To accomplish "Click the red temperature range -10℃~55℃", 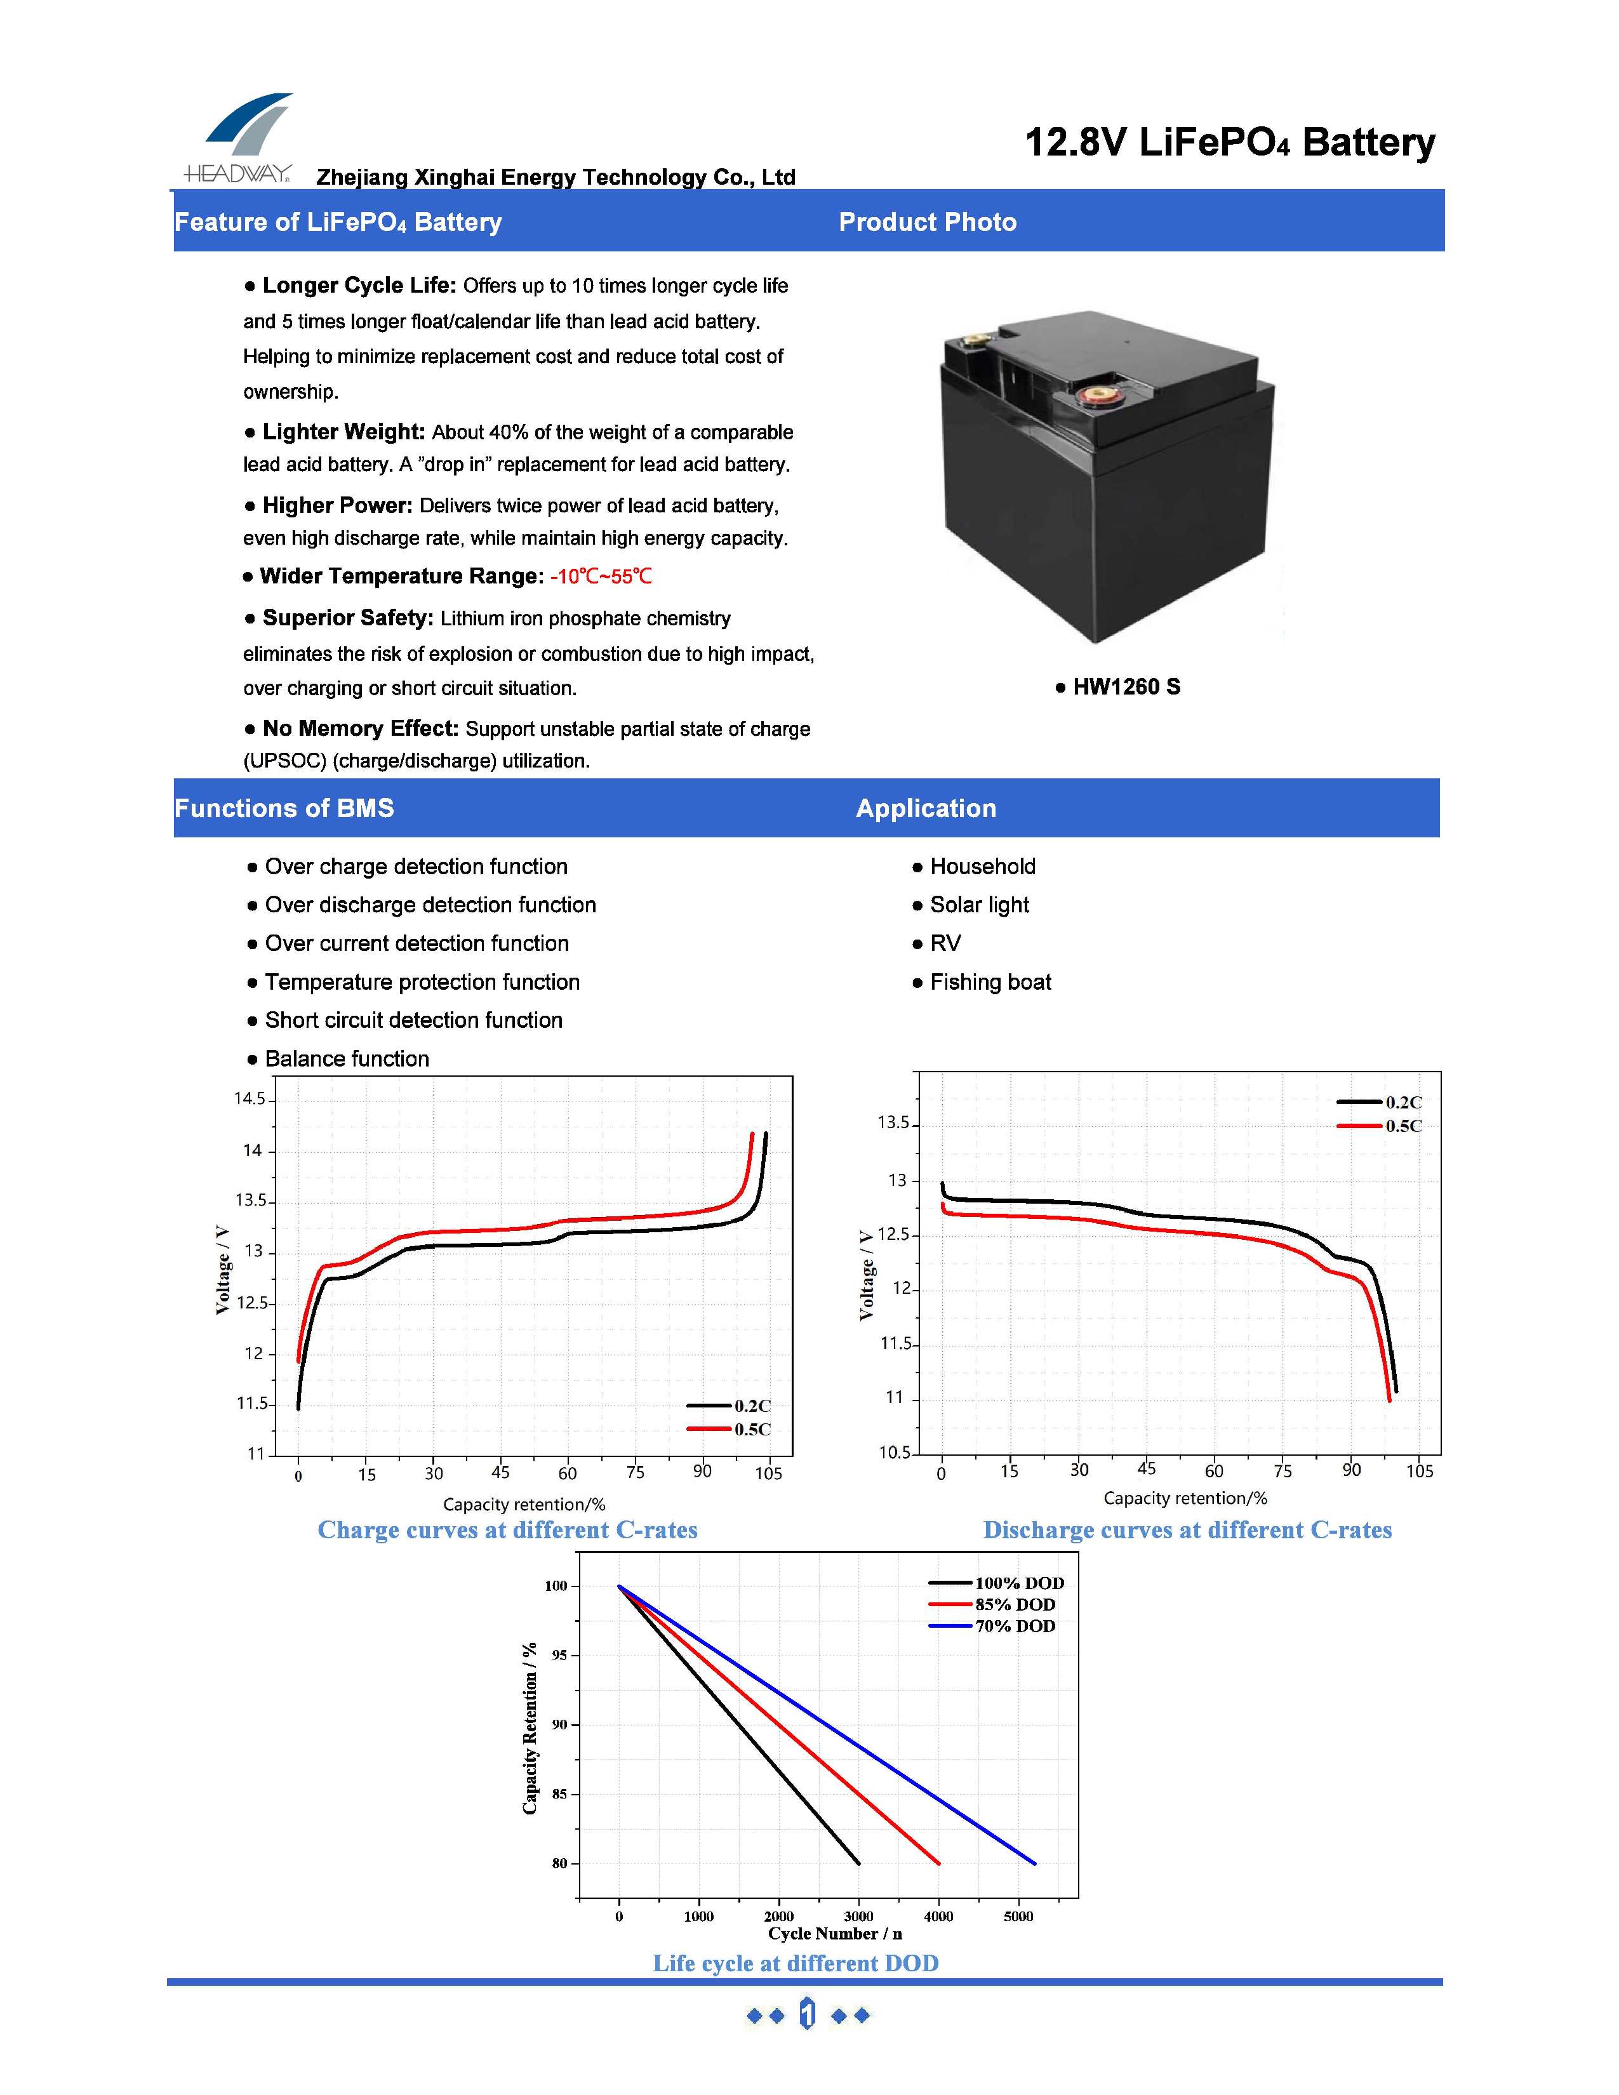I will coord(601,576).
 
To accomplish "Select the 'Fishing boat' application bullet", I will coord(990,982).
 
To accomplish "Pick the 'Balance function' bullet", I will coord(346,1059).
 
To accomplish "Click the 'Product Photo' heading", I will coord(928,223).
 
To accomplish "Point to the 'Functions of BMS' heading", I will coord(284,809).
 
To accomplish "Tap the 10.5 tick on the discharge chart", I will coord(895,1453).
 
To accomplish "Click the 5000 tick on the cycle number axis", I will coord(1018,1917).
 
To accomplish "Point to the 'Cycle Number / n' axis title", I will coord(834,1934).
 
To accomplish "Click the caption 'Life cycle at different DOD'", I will coord(795,1964).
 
